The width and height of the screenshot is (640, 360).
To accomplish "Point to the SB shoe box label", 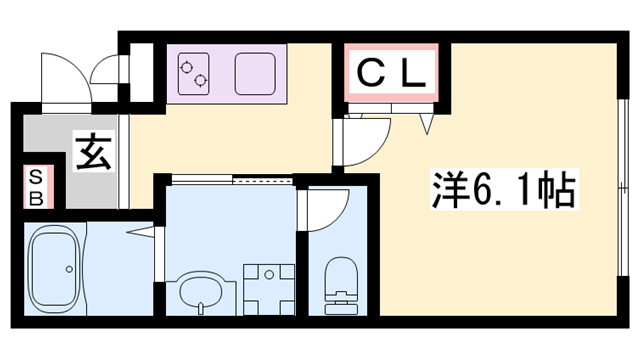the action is [34, 186].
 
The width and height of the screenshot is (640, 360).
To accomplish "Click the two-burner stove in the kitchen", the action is [193, 71].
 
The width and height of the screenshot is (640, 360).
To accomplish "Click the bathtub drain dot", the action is [68, 269].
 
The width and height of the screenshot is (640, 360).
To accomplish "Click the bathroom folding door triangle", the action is [145, 235].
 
